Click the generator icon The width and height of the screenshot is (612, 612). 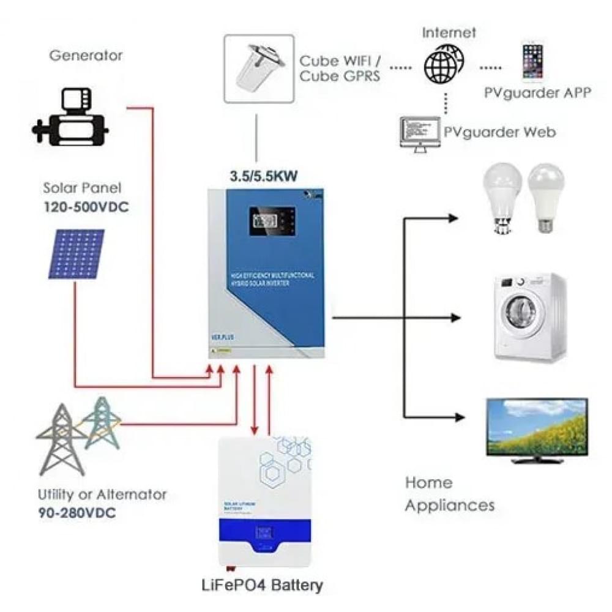[70, 118]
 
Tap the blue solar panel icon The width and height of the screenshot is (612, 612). [76, 254]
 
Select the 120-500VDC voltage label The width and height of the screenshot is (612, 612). [86, 207]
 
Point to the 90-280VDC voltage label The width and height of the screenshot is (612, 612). [76, 512]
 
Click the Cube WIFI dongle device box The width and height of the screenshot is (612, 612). [255, 67]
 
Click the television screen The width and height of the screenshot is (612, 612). [537, 426]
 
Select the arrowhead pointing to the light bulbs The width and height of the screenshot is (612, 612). [453, 218]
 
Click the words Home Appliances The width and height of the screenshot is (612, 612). [450, 494]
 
